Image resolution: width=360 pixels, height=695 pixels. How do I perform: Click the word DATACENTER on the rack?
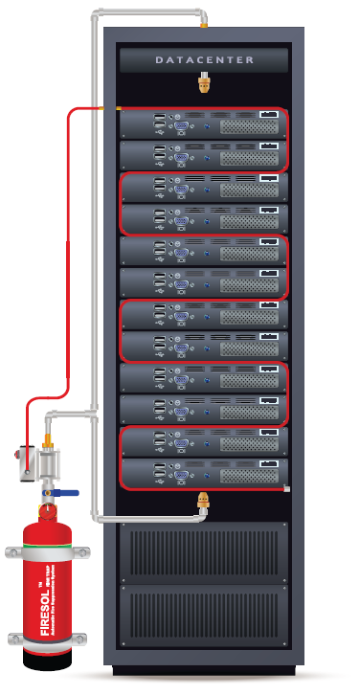pyautogui.click(x=205, y=60)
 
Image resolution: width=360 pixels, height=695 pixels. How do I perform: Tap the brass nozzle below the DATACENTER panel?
pyautogui.click(x=203, y=86)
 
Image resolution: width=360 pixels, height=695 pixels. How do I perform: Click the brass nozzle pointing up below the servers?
pyautogui.click(x=203, y=501)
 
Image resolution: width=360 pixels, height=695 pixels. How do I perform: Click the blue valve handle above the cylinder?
pyautogui.click(x=63, y=494)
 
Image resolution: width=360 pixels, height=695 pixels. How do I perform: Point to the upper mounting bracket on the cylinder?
pyautogui.click(x=42, y=552)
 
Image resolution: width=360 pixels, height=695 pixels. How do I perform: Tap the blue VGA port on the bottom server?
pyautogui.click(x=177, y=471)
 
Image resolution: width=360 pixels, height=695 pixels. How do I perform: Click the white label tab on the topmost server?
pyautogui.click(x=270, y=115)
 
